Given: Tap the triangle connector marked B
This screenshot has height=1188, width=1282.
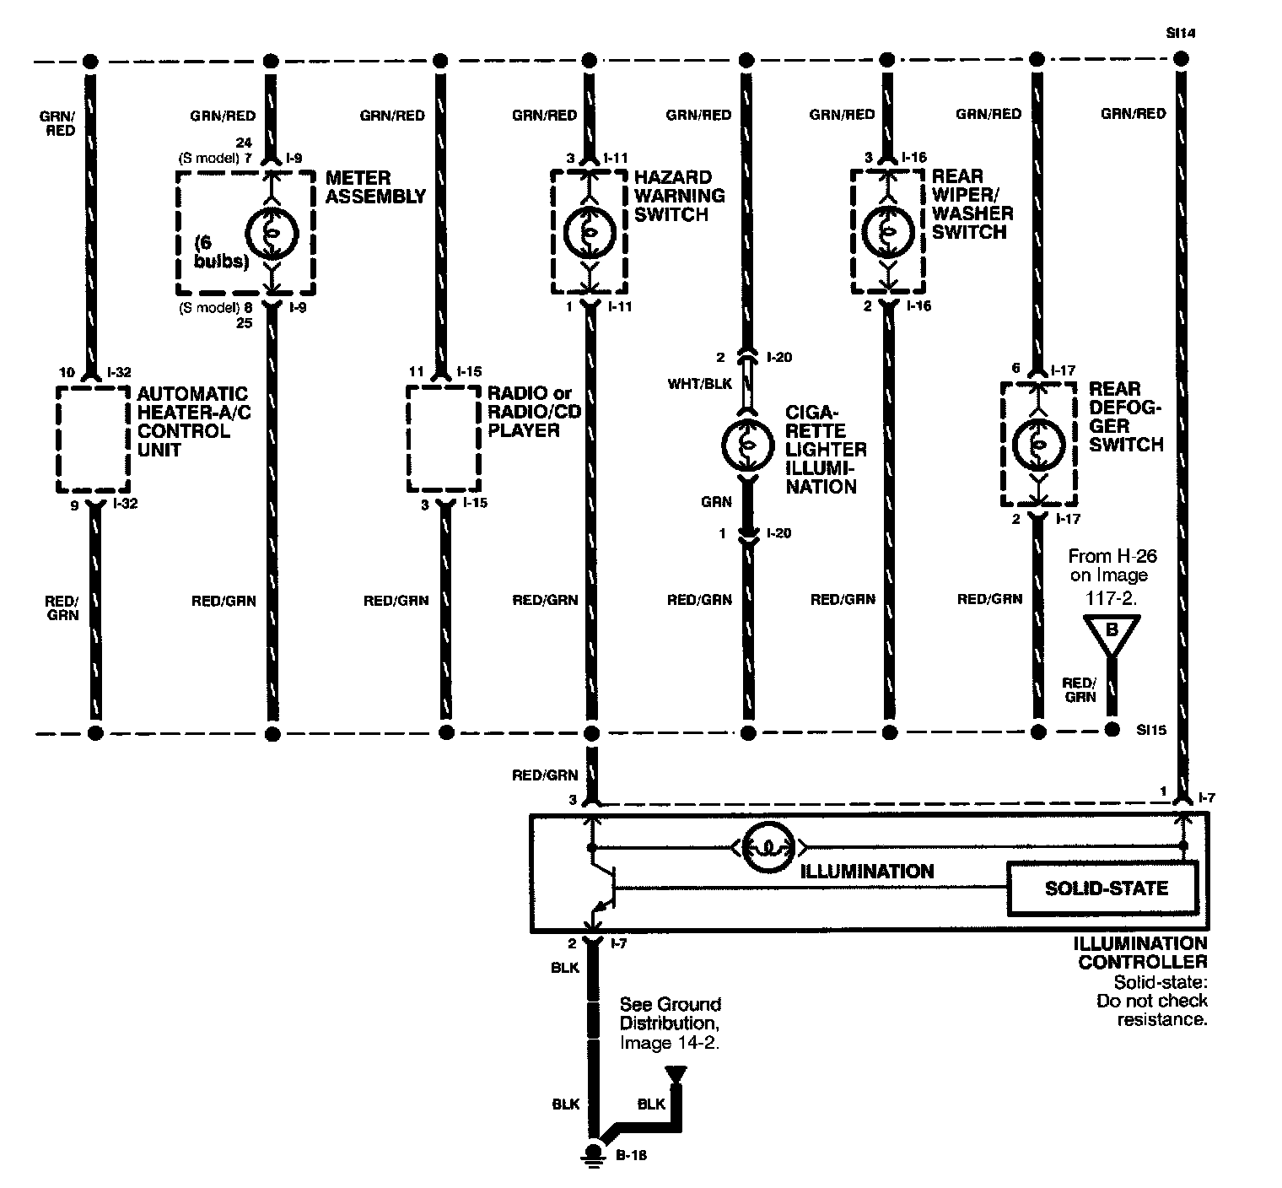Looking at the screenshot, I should pos(1112,633).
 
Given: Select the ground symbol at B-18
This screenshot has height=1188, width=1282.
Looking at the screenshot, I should pos(594,1156).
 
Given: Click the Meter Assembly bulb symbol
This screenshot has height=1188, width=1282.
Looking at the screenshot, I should pos(272,234).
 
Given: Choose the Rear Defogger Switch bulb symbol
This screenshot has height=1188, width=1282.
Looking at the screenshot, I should pos(1037,444).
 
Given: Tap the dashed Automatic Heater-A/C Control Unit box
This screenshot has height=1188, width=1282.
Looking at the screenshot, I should pos(94,439).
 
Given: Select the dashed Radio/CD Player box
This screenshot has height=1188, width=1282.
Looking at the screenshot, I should pos(444,439).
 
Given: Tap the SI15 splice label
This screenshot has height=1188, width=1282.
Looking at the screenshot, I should pos(1151,730).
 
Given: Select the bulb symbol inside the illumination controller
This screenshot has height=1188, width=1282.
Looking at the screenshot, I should pos(768,846).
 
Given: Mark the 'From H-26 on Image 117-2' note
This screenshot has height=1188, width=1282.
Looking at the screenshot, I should pos(1112,575).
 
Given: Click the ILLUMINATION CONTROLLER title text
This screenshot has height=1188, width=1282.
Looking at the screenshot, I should pos(1142,952).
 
